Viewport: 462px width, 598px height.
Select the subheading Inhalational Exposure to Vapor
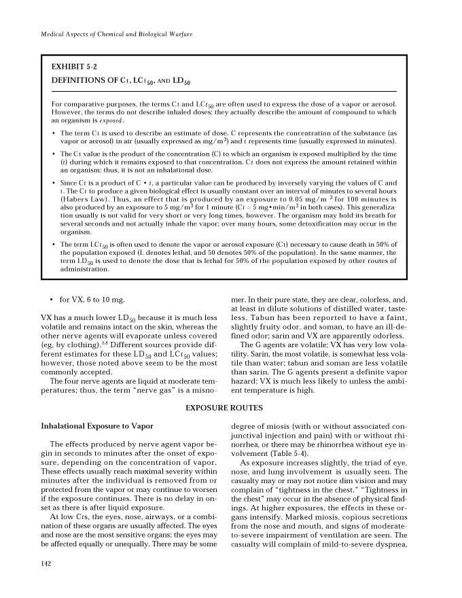[x=97, y=426]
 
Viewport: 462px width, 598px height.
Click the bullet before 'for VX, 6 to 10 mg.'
[x=52, y=300]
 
